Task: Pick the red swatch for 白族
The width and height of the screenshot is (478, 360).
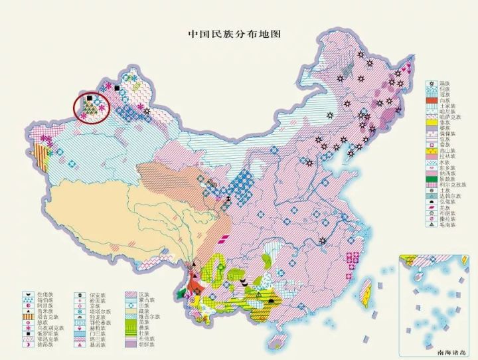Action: (x=430, y=100)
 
